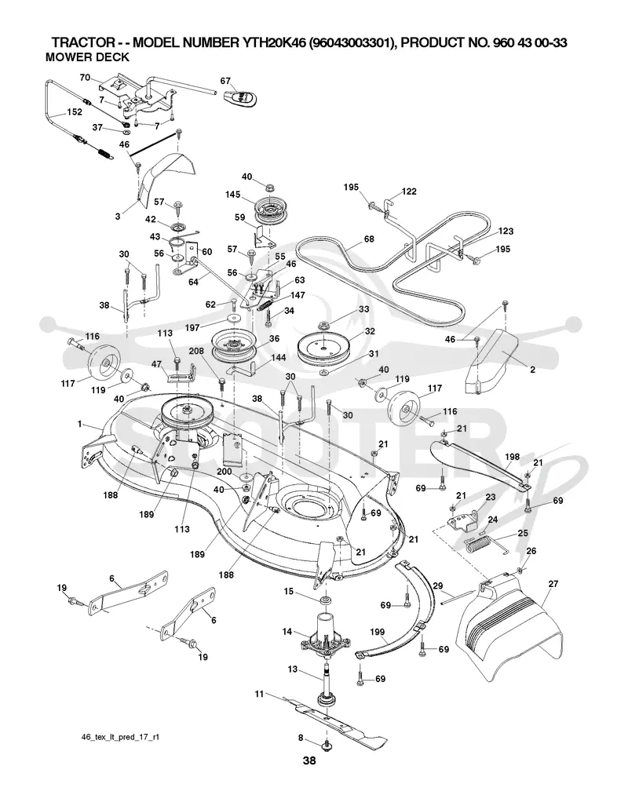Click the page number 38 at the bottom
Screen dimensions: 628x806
(309, 760)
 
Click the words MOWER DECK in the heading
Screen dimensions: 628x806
(87, 57)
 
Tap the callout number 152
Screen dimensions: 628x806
(75, 112)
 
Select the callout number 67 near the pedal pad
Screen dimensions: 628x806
(226, 81)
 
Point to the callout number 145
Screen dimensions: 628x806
(233, 195)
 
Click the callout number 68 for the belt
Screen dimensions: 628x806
(369, 239)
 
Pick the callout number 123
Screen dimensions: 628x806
(506, 232)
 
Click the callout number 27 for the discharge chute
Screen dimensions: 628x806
(553, 584)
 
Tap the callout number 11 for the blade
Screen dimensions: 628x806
(259, 694)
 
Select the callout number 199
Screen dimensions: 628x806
(378, 633)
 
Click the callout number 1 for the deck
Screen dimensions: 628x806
(80, 424)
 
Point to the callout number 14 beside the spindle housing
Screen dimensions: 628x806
(287, 631)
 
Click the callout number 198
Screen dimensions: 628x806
(513, 457)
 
